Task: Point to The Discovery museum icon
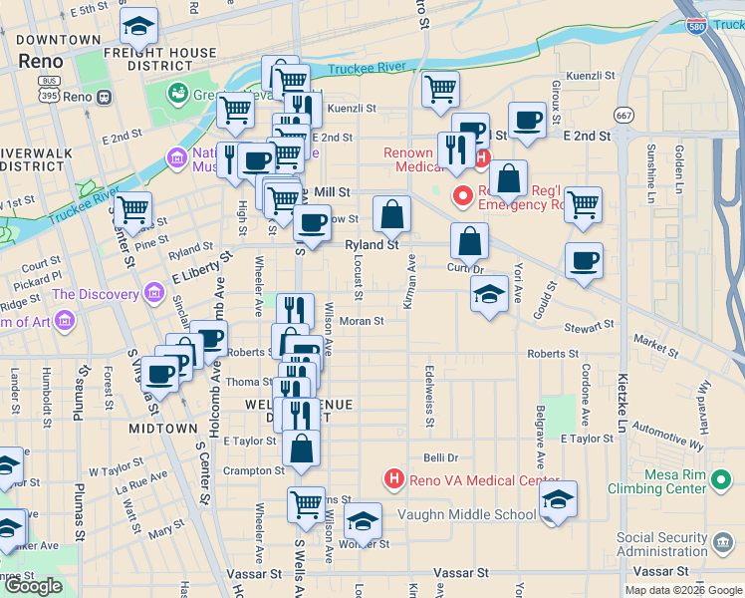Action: (154, 294)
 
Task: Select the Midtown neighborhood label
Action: (162, 428)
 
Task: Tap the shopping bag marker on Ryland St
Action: (392, 213)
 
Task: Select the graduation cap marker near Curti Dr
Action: (489, 294)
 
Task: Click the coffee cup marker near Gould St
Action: (584, 261)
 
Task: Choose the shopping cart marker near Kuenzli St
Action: (439, 91)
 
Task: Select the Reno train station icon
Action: (104, 98)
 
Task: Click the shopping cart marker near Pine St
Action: (132, 210)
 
